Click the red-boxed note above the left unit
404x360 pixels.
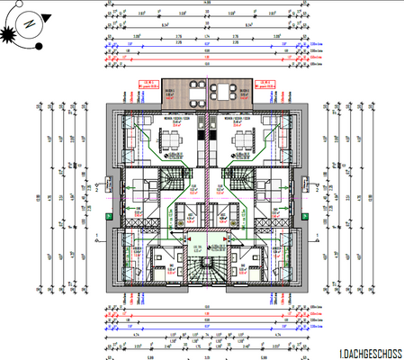pos(147,87)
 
